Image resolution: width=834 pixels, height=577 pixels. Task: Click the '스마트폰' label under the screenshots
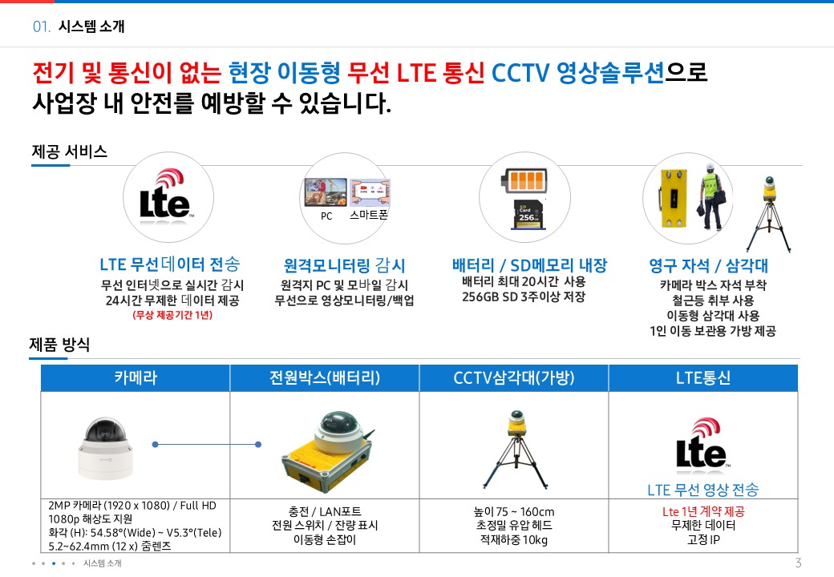[x=369, y=215]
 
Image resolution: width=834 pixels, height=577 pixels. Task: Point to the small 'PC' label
[x=326, y=216]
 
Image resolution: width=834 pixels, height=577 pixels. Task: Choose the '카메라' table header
[x=135, y=378]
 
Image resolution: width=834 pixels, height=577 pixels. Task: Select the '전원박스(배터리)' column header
[x=324, y=378]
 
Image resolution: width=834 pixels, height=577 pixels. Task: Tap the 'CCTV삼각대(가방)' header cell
[x=513, y=378]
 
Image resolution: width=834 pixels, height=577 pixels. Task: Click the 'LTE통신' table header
[x=703, y=378]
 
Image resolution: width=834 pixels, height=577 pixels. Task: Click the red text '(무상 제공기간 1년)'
[x=172, y=315]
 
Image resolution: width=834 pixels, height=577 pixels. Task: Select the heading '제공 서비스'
[x=69, y=151]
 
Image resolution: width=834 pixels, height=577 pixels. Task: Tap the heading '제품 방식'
[x=59, y=345]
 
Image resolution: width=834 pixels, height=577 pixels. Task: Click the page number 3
[x=798, y=563]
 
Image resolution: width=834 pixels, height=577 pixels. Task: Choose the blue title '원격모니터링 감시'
[x=344, y=265]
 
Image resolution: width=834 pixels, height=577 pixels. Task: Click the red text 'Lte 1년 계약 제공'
[x=702, y=511]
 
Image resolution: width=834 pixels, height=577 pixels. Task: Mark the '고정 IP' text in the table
[x=702, y=540]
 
